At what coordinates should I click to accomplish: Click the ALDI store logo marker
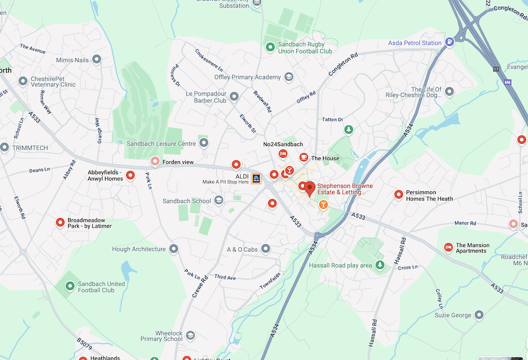click(x=256, y=178)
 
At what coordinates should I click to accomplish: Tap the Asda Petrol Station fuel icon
click(x=449, y=43)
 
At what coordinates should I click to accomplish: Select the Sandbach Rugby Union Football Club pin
click(x=270, y=48)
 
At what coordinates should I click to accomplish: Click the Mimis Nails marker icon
click(x=97, y=60)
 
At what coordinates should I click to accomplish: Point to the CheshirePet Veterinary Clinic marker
click(x=23, y=81)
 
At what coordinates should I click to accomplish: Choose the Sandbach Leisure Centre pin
click(x=204, y=143)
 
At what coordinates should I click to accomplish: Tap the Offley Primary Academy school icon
click(x=289, y=77)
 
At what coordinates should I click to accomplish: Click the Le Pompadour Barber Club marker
click(x=234, y=97)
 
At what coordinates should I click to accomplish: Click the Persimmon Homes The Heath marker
click(x=399, y=195)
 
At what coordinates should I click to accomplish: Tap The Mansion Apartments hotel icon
click(x=448, y=248)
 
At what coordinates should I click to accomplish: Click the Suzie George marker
click(x=479, y=315)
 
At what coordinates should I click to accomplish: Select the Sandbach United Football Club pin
click(x=70, y=286)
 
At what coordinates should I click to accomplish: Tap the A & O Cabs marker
click(x=266, y=249)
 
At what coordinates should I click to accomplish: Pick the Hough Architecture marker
click(x=174, y=249)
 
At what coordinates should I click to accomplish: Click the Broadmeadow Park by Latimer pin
click(x=60, y=222)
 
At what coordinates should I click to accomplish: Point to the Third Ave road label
click(x=225, y=277)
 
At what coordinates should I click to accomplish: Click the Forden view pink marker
click(x=155, y=162)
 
